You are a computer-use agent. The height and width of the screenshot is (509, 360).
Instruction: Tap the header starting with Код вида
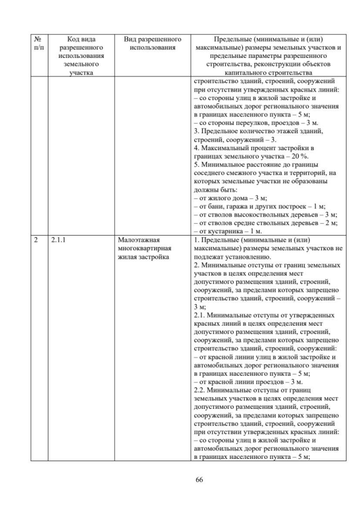[x=81, y=55]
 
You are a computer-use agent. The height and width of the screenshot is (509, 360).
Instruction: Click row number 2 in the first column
[x=35, y=240]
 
